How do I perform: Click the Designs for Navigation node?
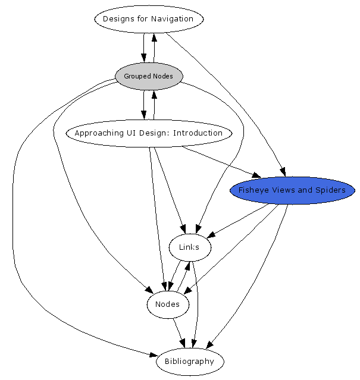tap(148, 19)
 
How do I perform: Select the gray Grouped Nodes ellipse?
tap(148, 76)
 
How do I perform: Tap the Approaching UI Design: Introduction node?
tap(148, 133)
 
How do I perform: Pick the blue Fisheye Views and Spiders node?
tap(292, 190)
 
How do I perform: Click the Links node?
tap(189, 247)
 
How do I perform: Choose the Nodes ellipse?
tap(167, 304)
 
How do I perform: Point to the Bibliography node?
tap(189, 362)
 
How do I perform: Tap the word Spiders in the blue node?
tap(331, 190)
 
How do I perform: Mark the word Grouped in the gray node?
tap(136, 76)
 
